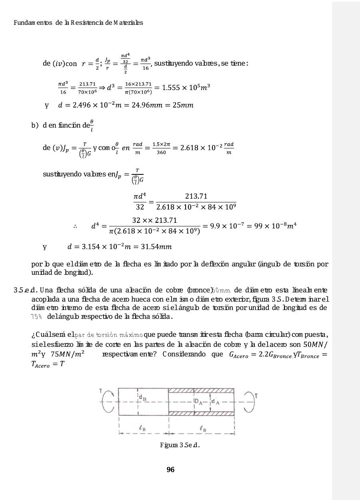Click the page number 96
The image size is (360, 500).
click(170, 470)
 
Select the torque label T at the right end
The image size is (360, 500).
click(256, 396)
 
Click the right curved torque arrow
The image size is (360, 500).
click(249, 401)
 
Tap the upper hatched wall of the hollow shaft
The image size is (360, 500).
click(201, 390)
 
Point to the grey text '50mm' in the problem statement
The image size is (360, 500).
click(220, 289)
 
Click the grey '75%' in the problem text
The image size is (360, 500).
click(37, 316)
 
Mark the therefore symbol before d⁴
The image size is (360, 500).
click(75, 226)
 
